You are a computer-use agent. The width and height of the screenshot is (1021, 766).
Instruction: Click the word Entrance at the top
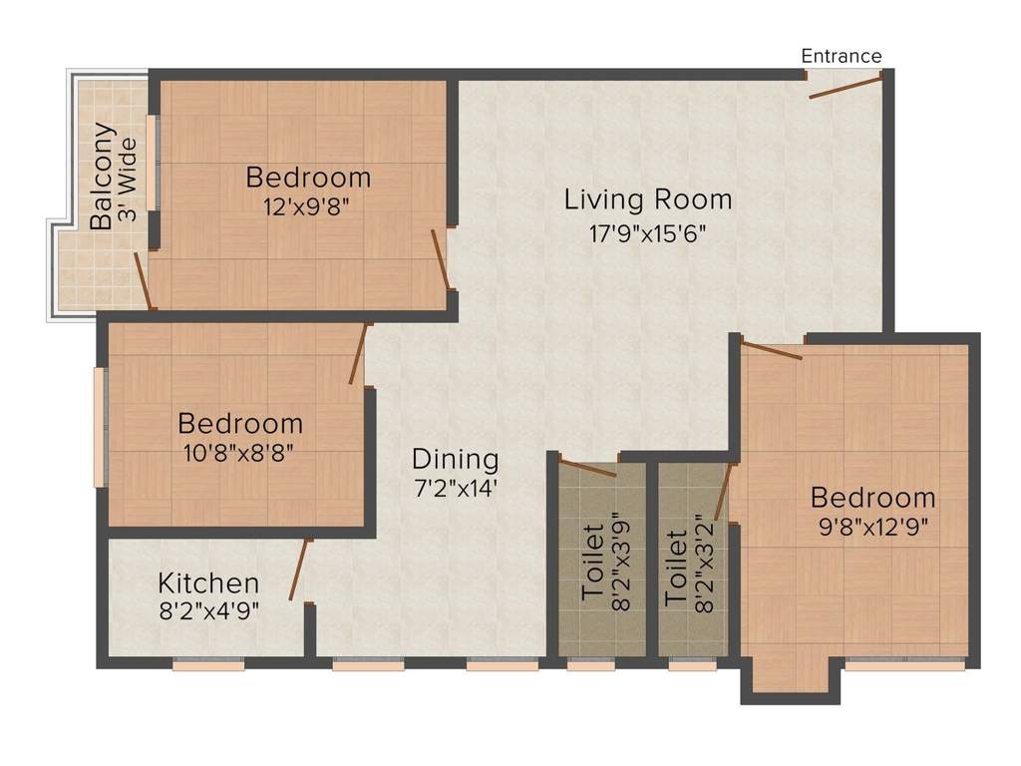click(x=842, y=56)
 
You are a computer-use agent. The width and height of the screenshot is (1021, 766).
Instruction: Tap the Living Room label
click(x=648, y=199)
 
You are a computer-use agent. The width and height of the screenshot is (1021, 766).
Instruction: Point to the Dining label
click(x=455, y=460)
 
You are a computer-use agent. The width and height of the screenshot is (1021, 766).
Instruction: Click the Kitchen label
click(x=208, y=583)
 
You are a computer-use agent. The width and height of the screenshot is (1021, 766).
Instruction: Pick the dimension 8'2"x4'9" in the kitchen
click(x=208, y=611)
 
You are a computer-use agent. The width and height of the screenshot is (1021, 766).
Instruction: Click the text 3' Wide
click(x=127, y=180)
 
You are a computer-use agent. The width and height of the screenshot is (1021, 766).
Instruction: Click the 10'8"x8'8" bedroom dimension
click(x=240, y=451)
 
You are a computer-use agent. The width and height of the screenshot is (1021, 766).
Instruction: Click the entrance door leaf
click(x=846, y=86)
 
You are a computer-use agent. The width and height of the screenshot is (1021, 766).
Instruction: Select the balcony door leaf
click(x=143, y=280)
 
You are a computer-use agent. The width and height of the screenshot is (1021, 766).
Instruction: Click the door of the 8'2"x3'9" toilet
click(x=587, y=467)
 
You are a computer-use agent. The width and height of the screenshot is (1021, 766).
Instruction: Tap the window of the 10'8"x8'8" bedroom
click(x=100, y=427)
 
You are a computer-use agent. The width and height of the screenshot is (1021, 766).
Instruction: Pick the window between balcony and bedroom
click(x=153, y=163)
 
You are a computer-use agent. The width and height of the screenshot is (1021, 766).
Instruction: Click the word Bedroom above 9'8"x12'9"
click(x=872, y=497)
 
